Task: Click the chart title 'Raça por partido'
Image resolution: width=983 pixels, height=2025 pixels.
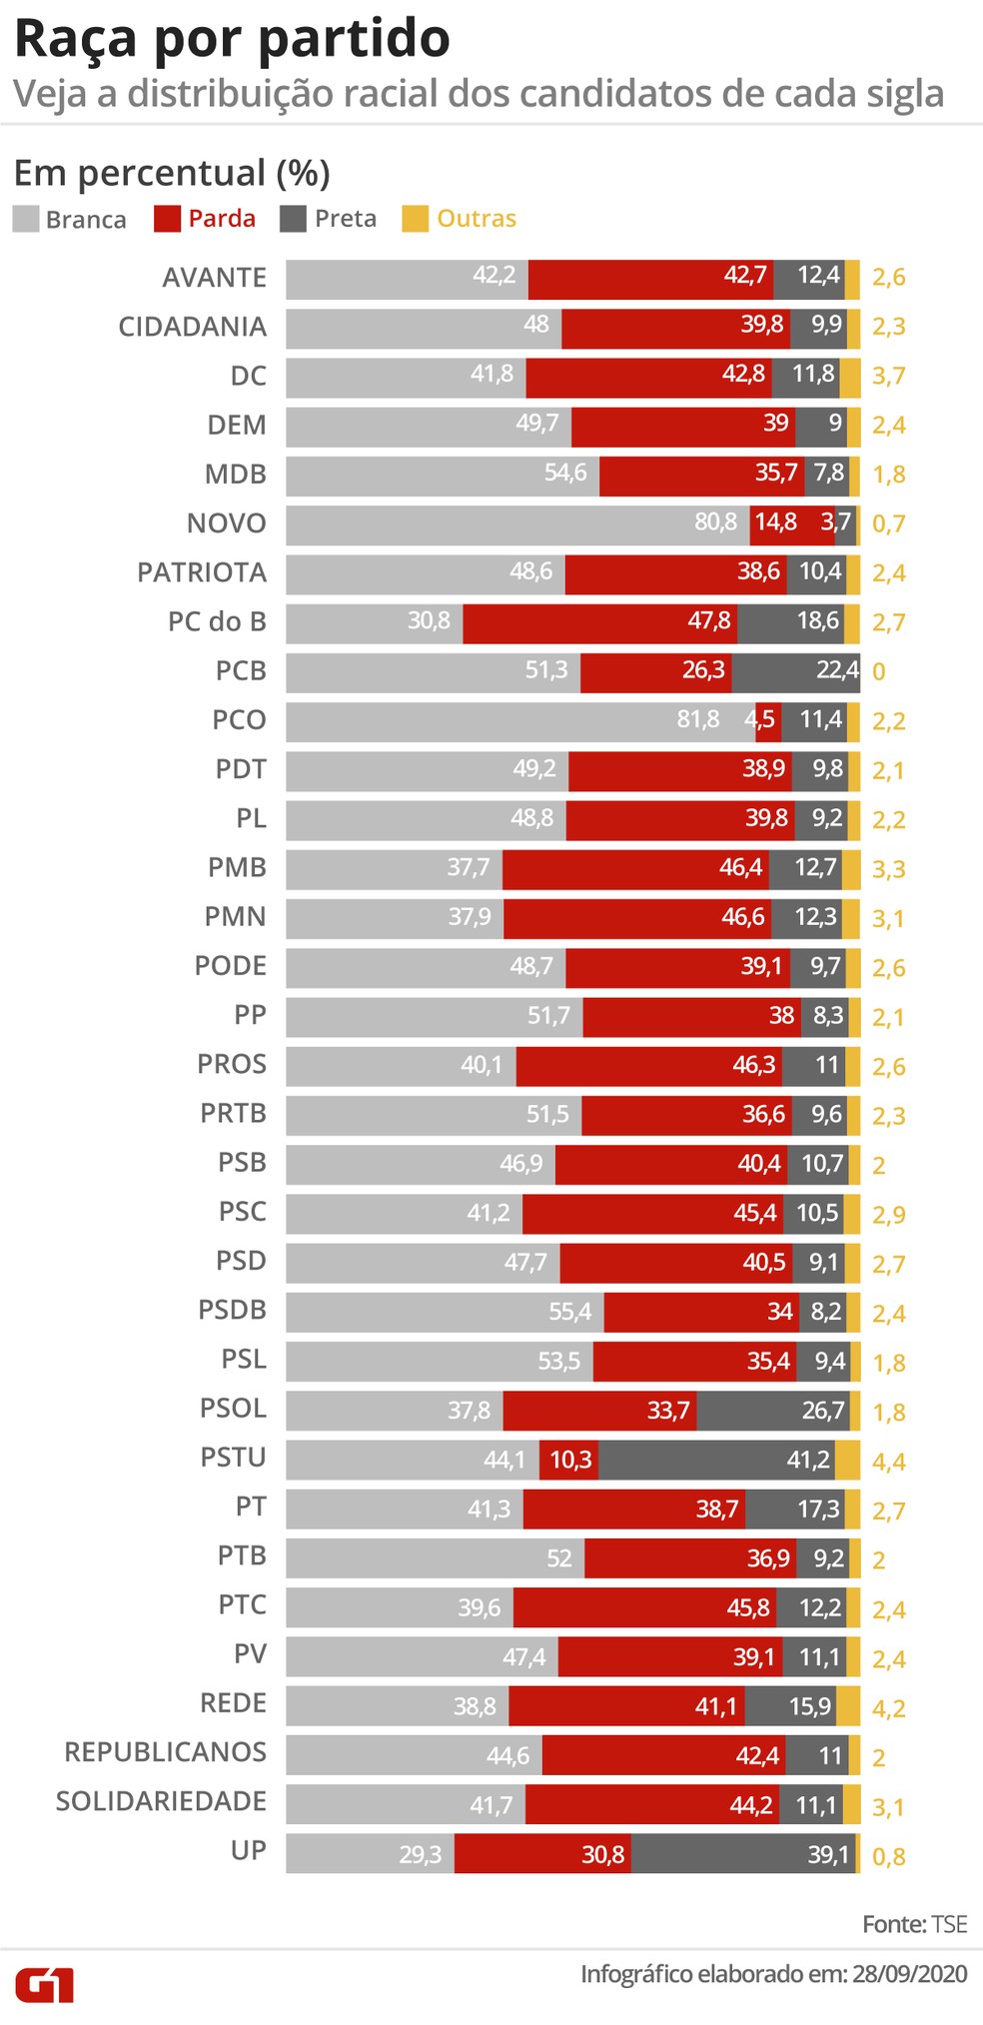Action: (232, 40)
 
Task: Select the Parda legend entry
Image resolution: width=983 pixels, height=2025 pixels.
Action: (206, 219)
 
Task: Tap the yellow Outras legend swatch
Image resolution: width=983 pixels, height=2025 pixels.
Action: (415, 219)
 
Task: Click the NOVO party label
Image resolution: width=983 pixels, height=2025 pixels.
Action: (227, 523)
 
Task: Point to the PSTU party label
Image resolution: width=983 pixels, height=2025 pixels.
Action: (234, 1458)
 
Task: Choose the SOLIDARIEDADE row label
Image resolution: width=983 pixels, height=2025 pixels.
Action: (162, 1801)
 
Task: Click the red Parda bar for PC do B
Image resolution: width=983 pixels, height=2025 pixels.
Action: (599, 622)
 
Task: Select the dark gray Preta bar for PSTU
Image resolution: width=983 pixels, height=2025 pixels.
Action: (716, 1460)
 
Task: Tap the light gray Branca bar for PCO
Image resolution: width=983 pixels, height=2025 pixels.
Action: (519, 721)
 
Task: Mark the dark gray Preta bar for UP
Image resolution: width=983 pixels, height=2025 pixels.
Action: (742, 1853)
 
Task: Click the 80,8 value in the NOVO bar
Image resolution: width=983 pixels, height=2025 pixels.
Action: (716, 522)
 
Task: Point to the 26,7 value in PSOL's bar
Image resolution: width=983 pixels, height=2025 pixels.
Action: (823, 1410)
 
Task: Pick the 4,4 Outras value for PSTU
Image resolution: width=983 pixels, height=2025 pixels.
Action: (888, 1462)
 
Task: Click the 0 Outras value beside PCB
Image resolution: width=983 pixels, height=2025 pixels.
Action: (878, 671)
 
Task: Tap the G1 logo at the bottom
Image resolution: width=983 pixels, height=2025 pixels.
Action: (44, 1985)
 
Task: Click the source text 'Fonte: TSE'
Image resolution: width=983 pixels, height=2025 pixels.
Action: (914, 1924)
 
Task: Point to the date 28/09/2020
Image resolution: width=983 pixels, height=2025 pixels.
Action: (909, 1974)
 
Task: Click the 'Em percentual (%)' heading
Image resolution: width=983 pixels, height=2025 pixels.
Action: (172, 173)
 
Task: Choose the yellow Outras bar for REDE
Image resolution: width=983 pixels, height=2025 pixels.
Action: (848, 1705)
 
